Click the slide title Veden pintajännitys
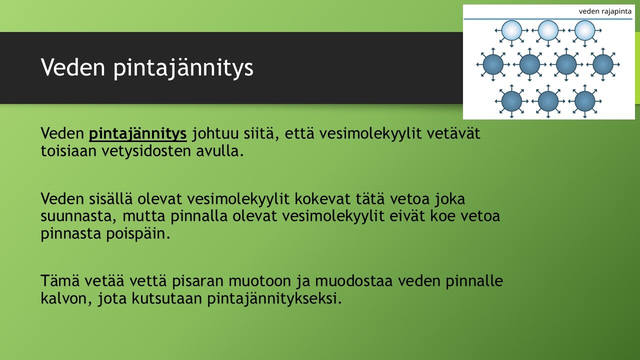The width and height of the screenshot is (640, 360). pyautogui.click(x=147, y=68)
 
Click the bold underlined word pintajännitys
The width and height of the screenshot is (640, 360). pyautogui.click(x=137, y=134)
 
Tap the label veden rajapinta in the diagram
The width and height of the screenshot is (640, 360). pyautogui.click(x=605, y=11)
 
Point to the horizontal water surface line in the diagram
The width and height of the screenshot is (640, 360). pyautogui.click(x=548, y=19)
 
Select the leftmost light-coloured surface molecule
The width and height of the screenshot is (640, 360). pyautogui.click(x=511, y=30)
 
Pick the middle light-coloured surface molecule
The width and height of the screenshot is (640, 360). pyautogui.click(x=548, y=30)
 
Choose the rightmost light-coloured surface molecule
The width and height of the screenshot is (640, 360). pyautogui.click(x=584, y=30)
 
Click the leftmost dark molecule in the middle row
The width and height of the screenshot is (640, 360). pyautogui.click(x=493, y=64)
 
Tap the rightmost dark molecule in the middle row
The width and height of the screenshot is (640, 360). pyautogui.click(x=603, y=64)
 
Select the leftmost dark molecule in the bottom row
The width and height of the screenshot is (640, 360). pyautogui.click(x=511, y=101)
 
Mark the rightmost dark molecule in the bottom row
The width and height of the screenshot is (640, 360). pyautogui.click(x=584, y=101)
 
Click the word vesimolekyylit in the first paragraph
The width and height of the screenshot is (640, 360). pyautogui.click(x=370, y=134)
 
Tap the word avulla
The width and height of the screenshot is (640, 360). pyautogui.click(x=220, y=151)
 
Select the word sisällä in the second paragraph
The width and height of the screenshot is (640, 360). pyautogui.click(x=111, y=198)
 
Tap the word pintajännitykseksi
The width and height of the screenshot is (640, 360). pyautogui.click(x=274, y=299)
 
